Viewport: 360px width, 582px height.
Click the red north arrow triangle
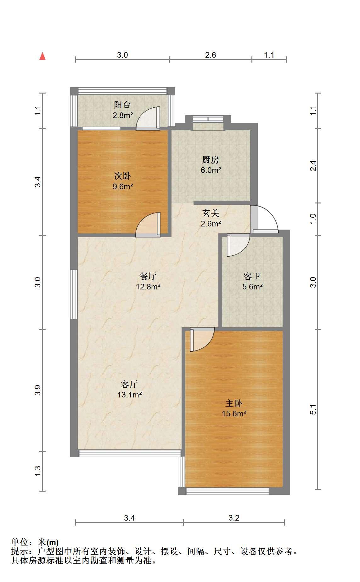(x=42, y=56)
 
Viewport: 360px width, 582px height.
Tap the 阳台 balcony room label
(x=122, y=105)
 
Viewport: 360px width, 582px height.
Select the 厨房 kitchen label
(x=211, y=160)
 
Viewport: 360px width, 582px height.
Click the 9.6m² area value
(x=123, y=186)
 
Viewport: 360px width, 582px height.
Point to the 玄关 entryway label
(x=211, y=214)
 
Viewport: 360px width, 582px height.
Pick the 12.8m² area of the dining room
(x=148, y=287)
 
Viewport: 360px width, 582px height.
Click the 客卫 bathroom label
(x=252, y=277)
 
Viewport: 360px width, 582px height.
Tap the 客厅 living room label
(x=129, y=384)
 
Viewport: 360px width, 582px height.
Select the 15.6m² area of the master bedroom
(x=234, y=414)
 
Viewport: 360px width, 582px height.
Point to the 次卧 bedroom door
(x=148, y=225)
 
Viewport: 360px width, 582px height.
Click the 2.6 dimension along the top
(x=211, y=55)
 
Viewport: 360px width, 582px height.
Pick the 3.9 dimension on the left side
(x=38, y=391)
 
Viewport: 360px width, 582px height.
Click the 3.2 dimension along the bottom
(x=234, y=518)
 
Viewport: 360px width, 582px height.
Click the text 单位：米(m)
(x=35, y=542)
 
